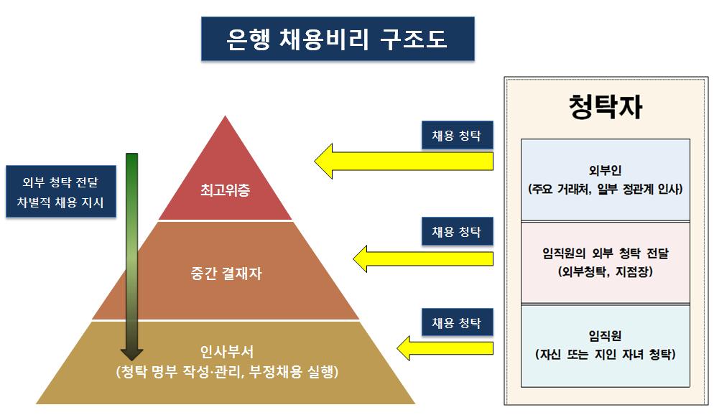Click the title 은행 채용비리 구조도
click(x=337, y=40)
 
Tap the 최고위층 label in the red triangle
click(x=226, y=191)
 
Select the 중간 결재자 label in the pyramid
click(x=226, y=274)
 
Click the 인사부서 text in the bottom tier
click(x=226, y=352)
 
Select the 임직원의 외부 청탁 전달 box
click(x=605, y=263)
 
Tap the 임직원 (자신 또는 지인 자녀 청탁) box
click(x=605, y=345)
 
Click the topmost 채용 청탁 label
click(x=457, y=135)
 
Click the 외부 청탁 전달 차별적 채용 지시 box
click(x=63, y=192)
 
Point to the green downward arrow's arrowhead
click(x=131, y=353)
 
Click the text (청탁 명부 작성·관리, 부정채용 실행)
click(x=226, y=373)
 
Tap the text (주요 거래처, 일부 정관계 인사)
click(x=605, y=190)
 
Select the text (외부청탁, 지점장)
click(x=605, y=273)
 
